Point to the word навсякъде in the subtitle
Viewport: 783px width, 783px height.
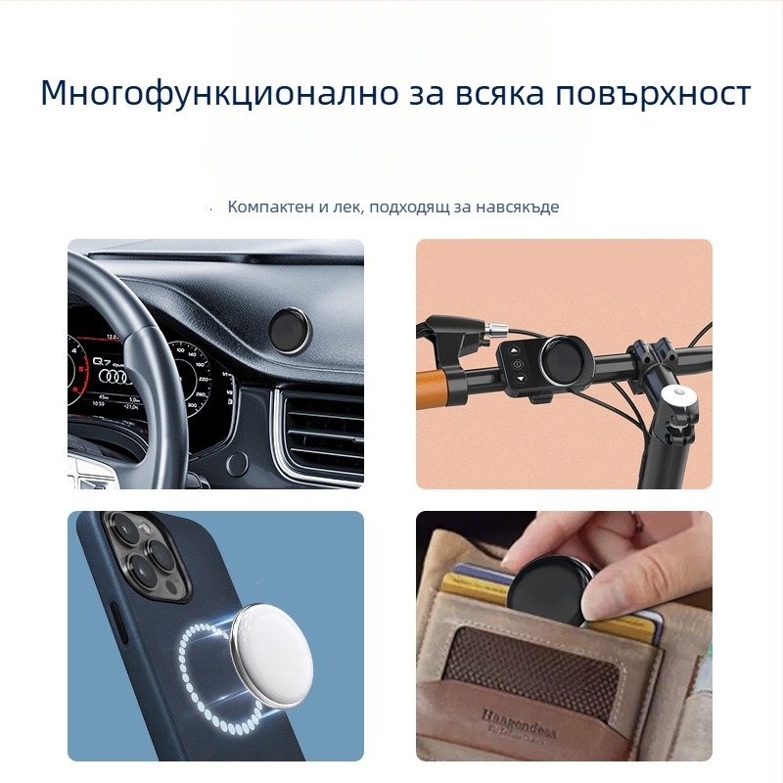coord(519,207)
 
